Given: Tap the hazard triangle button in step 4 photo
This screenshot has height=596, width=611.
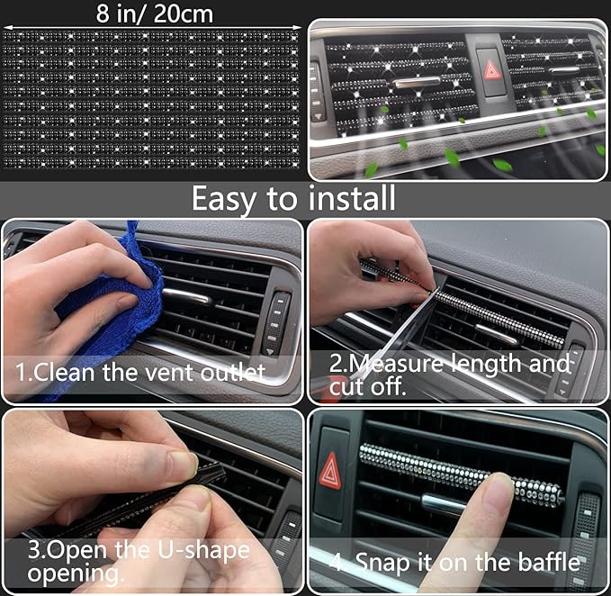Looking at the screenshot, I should pyautogui.click(x=331, y=470).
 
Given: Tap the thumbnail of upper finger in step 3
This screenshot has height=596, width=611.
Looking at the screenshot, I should pyautogui.click(x=180, y=466).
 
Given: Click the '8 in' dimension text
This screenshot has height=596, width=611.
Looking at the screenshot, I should pyautogui.click(x=116, y=14).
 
